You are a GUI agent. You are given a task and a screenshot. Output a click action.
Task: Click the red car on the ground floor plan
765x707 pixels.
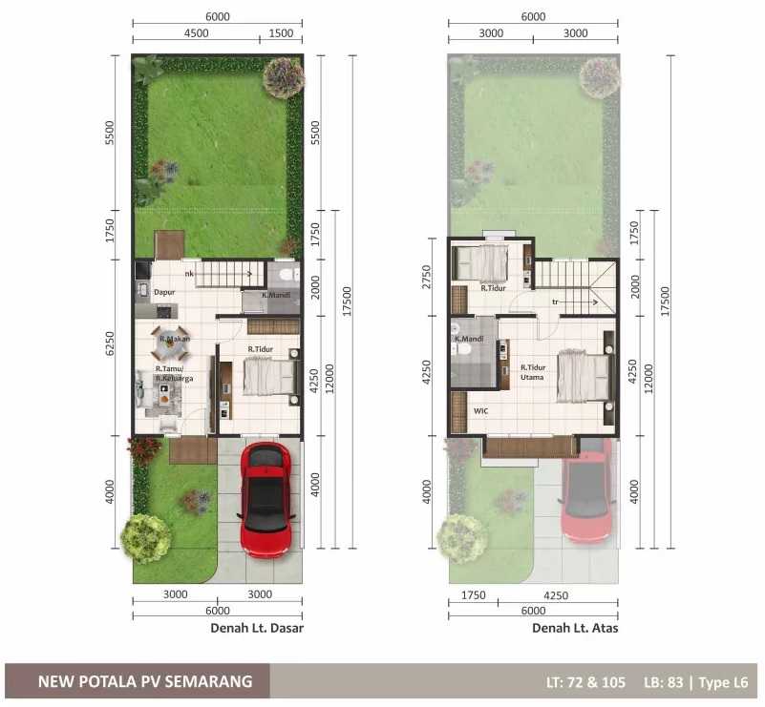pyautogui.click(x=266, y=499)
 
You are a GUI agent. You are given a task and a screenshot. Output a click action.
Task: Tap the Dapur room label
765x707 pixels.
pyautogui.click(x=164, y=292)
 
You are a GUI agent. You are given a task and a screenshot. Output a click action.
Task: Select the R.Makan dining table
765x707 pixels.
pyautogui.click(x=170, y=343)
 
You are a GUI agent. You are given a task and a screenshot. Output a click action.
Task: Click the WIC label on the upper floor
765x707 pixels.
pyautogui.click(x=480, y=411)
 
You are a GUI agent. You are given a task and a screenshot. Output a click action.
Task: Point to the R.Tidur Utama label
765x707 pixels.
pyautogui.click(x=533, y=372)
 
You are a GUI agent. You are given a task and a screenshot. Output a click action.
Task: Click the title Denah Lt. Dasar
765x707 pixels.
pyautogui.click(x=257, y=628)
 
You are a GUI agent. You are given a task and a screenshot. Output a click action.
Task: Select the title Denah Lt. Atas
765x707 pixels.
pyautogui.click(x=575, y=628)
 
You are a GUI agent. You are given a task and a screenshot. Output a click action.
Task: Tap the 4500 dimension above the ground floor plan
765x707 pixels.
pyautogui.click(x=196, y=33)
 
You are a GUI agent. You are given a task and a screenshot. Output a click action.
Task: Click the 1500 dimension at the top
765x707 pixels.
pyautogui.click(x=281, y=33)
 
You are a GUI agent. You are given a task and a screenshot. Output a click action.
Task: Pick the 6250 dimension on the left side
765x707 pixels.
pyautogui.click(x=110, y=343)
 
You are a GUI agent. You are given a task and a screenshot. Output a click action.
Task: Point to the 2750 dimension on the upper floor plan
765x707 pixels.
pyautogui.click(x=426, y=277)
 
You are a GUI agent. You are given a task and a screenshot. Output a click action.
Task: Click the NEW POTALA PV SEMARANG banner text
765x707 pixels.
pyautogui.click(x=145, y=681)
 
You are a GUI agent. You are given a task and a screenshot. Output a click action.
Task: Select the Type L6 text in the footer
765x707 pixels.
pyautogui.click(x=723, y=682)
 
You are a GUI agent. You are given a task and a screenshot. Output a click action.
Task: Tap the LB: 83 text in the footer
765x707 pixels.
pyautogui.click(x=663, y=682)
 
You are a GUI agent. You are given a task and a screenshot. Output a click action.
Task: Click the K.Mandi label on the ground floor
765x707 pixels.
pyautogui.click(x=276, y=295)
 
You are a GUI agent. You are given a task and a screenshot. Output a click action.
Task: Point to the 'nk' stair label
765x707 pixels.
pyautogui.click(x=189, y=274)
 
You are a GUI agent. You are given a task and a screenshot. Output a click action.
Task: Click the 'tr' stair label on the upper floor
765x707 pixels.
pyautogui.click(x=555, y=302)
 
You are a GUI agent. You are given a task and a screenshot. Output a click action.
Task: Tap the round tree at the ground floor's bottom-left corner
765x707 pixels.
pyautogui.click(x=145, y=538)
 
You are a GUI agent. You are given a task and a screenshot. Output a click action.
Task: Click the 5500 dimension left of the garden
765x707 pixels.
pyautogui.click(x=110, y=133)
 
